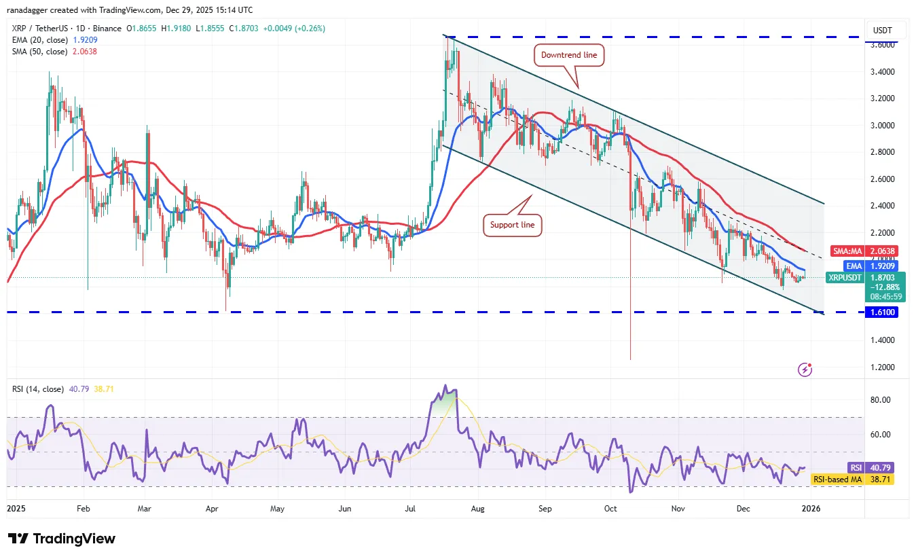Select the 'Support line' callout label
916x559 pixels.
click(513, 224)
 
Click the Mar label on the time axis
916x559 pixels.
click(144, 507)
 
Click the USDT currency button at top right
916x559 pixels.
click(883, 31)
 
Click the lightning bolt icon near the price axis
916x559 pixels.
click(805, 369)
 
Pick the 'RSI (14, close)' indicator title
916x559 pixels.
click(38, 389)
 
